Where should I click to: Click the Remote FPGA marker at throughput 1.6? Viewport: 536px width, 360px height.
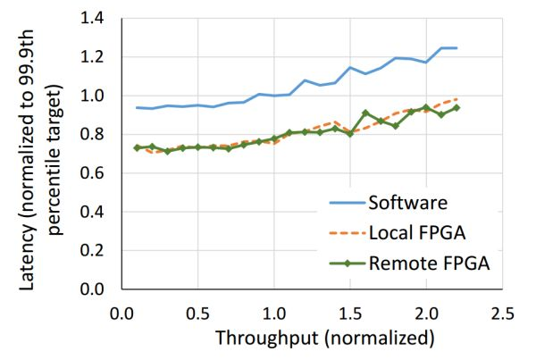tap(365, 113)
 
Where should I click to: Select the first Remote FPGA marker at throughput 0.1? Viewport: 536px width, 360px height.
tap(137, 147)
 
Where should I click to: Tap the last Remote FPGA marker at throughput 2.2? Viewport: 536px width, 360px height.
tap(456, 107)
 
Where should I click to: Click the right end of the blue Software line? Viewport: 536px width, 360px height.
tap(456, 48)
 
